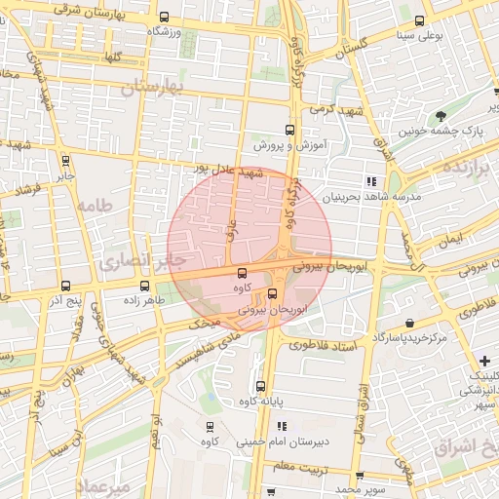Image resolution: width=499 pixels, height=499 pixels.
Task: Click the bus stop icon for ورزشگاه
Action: pos(164,18)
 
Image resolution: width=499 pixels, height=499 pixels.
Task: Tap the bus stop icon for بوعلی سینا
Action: pos(420,21)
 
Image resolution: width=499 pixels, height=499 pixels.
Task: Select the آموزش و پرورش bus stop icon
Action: pos(288,130)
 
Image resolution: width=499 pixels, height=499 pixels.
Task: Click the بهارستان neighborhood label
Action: pos(154,89)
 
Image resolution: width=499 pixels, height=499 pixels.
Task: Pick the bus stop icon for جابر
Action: pos(65,162)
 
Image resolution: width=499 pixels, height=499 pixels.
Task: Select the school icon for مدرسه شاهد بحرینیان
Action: pos(370,181)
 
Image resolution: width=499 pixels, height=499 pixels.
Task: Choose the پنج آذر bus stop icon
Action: pos(65,286)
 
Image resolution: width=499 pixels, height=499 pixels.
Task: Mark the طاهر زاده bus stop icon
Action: pos(144,286)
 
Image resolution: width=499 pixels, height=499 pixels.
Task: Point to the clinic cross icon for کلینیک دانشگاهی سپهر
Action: pos(484,362)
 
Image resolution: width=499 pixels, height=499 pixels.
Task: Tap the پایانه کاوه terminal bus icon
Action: pos(259,386)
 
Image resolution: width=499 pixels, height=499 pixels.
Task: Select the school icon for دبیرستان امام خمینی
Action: pos(282,426)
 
